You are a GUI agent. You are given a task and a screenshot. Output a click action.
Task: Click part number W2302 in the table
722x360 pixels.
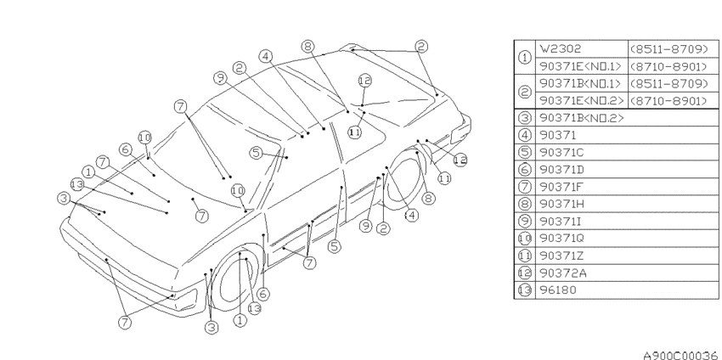click(561, 48)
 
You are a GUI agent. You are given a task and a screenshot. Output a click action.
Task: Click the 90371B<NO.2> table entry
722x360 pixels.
click(582, 118)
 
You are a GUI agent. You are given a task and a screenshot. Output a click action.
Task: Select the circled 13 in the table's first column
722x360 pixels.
click(524, 290)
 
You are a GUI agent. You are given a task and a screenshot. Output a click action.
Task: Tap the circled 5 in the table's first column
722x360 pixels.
click(524, 152)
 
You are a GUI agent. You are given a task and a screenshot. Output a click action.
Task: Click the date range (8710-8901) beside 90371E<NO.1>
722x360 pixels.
click(668, 67)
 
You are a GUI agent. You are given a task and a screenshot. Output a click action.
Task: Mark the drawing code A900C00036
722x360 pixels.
click(681, 354)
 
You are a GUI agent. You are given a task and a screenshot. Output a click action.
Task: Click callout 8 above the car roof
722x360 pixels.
click(308, 46)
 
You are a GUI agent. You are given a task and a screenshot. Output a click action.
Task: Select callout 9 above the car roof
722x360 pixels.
click(221, 78)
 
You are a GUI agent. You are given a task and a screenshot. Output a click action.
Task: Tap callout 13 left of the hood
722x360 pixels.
click(77, 184)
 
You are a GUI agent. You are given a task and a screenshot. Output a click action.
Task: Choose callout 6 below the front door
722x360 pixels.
click(263, 294)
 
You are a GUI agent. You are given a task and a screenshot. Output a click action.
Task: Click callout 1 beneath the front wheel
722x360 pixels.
click(240, 320)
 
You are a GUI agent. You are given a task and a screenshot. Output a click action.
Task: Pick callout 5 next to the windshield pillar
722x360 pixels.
click(256, 152)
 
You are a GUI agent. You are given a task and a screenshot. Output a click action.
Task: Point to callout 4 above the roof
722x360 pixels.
click(265, 56)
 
